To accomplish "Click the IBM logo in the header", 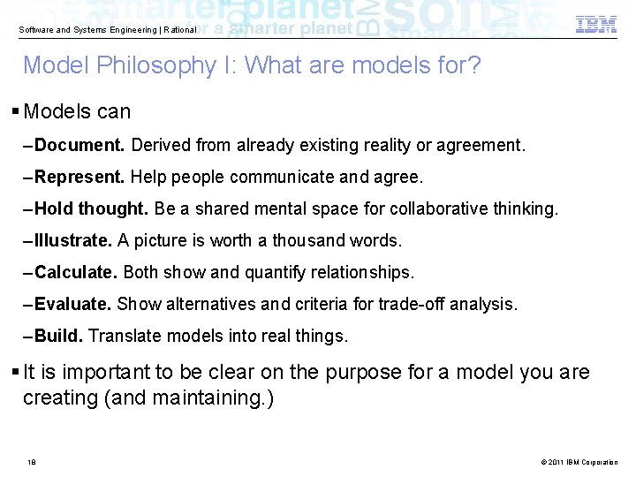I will [x=596, y=25].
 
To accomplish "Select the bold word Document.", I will [x=80, y=144].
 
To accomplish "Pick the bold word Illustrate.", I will [x=73, y=240].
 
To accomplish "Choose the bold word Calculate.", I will [x=76, y=272].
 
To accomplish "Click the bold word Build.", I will [x=59, y=336].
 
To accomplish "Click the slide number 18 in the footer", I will [x=31, y=462].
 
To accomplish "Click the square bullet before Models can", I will [x=17, y=112].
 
